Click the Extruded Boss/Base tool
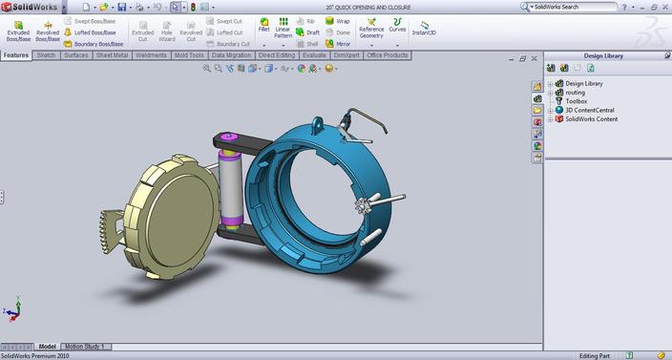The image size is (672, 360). [17, 30]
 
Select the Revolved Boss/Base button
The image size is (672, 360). [48, 30]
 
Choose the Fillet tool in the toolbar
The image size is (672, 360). [263, 26]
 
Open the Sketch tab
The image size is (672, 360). [46, 55]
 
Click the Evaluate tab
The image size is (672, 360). [315, 55]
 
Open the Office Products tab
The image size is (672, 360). [388, 55]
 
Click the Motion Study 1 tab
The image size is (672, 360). [85, 346]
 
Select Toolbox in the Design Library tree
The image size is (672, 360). [577, 100]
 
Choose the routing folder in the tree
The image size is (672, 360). [577, 92]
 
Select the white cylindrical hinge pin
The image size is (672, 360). [231, 189]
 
